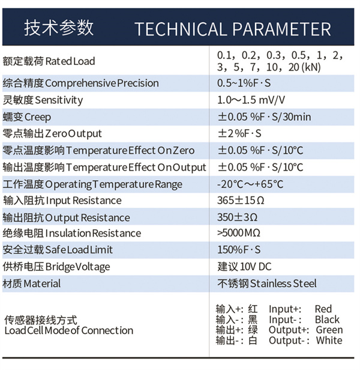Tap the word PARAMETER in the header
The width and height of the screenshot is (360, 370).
[x=282, y=29]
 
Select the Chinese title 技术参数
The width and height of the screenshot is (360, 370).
[x=59, y=28]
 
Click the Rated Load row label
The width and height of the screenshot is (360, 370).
[x=49, y=61]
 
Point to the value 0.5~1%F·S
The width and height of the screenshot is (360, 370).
[x=244, y=83]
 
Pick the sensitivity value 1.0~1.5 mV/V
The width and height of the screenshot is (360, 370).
[x=251, y=100]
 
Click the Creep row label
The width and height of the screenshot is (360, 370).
[x=26, y=117]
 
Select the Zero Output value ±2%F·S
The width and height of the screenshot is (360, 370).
[x=239, y=133]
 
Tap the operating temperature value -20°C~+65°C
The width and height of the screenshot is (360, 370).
[x=250, y=184]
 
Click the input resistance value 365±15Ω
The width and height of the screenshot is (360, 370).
[x=241, y=201]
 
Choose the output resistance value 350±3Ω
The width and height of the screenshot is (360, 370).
[x=237, y=217]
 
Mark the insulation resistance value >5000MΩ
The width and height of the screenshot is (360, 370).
[x=239, y=233]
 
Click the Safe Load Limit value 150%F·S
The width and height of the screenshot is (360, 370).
[x=239, y=250]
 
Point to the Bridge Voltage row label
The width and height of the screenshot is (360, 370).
[x=56, y=267]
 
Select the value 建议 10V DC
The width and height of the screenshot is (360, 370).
[x=244, y=267]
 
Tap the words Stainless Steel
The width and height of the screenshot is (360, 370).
[x=283, y=284]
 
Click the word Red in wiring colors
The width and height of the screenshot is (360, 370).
[x=323, y=309]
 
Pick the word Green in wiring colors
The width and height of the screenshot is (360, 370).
[x=329, y=330]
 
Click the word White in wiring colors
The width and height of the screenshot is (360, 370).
[x=329, y=340]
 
